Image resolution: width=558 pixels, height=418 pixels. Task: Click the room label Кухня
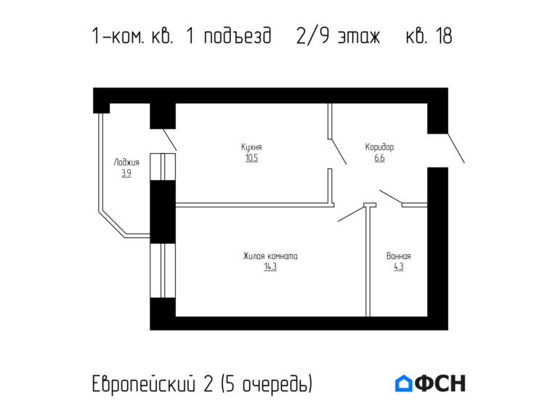pyautogui.click(x=251, y=147)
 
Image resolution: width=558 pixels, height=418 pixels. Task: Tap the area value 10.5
pyautogui.click(x=251, y=157)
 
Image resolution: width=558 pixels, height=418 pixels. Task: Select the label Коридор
pyautogui.click(x=379, y=147)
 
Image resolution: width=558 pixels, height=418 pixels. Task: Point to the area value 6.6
pyautogui.click(x=379, y=157)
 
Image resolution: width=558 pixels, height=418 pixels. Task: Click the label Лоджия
pyautogui.click(x=126, y=163)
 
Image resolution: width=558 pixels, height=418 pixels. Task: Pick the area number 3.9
pyautogui.click(x=126, y=173)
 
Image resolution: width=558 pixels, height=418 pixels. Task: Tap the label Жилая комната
pyautogui.click(x=270, y=256)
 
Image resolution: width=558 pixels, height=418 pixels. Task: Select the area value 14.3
pyautogui.click(x=270, y=266)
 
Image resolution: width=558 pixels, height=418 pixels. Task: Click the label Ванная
pyautogui.click(x=399, y=256)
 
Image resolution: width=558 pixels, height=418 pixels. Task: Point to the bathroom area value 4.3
pyautogui.click(x=398, y=266)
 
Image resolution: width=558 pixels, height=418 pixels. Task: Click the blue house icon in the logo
pyautogui.click(x=403, y=383)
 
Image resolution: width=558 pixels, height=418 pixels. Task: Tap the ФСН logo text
pyautogui.click(x=440, y=383)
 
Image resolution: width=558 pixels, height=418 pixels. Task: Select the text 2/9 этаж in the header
pyautogui.click(x=338, y=36)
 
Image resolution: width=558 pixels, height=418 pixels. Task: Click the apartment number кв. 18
pyautogui.click(x=429, y=36)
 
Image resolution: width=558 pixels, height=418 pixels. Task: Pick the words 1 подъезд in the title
pyautogui.click(x=230, y=36)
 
